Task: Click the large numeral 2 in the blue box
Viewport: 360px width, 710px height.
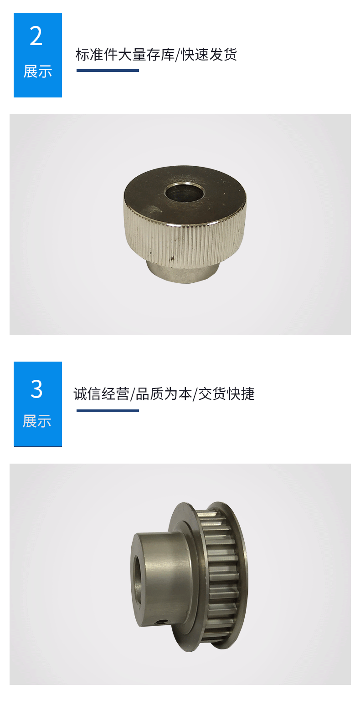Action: pos(36,36)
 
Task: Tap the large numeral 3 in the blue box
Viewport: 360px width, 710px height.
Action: pos(36,389)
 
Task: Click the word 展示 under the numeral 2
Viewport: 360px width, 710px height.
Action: pos(38,72)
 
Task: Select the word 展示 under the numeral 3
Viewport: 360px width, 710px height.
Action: pos(37,421)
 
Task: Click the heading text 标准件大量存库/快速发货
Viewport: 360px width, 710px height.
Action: pos(156,55)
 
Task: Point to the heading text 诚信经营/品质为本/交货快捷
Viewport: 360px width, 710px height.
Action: pos(164,393)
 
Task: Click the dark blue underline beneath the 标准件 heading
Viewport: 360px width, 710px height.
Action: pos(108,71)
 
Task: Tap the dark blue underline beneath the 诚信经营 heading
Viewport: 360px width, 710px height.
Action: pos(108,411)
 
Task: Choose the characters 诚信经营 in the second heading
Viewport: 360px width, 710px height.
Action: pos(101,393)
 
